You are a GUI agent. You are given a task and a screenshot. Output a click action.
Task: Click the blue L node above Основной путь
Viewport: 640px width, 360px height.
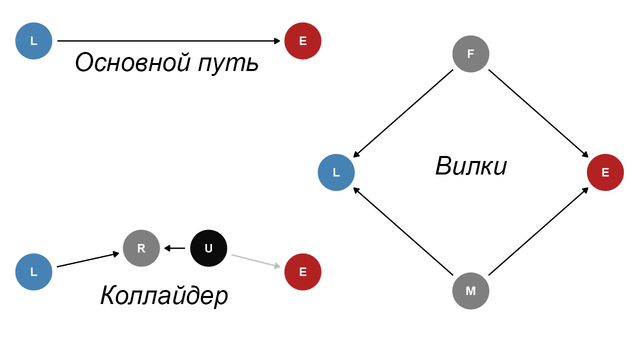coord(34,41)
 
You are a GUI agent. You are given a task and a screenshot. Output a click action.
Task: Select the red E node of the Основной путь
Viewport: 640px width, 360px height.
coord(302,41)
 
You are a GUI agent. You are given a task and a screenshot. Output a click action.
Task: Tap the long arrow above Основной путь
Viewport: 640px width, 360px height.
coord(169,41)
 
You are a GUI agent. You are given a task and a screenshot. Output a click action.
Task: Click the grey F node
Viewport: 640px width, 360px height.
coord(470,54)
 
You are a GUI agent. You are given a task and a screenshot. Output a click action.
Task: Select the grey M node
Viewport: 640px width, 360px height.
coord(470,291)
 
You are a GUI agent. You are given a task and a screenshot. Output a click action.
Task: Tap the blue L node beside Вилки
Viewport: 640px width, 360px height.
coord(336,172)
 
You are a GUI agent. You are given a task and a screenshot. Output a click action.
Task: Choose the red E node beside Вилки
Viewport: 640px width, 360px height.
coord(605,172)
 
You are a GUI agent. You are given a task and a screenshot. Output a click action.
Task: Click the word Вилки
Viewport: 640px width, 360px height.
coord(471,166)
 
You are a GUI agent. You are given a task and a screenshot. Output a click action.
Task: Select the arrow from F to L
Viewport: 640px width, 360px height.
coord(403,113)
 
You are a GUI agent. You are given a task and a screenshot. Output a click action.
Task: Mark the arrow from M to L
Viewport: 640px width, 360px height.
coord(403,231)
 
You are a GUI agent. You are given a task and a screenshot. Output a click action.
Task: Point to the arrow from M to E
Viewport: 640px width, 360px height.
coord(538,231)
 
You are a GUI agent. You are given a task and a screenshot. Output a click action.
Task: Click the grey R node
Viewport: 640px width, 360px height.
coord(141,248)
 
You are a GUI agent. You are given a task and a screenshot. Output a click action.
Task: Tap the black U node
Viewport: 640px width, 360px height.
coord(208,248)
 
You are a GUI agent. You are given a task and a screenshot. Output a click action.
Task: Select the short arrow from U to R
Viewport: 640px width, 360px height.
coord(175,248)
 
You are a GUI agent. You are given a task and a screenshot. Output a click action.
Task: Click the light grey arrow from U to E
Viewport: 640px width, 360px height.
coord(255,261)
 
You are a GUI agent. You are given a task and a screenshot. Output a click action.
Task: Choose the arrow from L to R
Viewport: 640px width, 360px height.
coord(88,260)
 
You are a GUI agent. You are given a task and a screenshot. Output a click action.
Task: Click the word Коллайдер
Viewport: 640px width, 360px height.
coord(164,295)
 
